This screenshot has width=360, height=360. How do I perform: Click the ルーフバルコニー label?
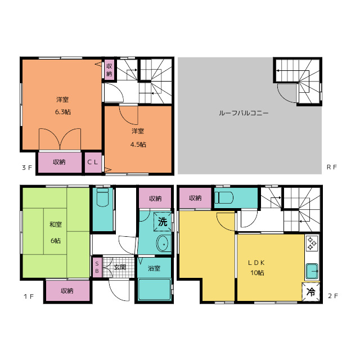tap(244, 113)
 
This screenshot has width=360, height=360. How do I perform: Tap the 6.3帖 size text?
tap(63, 112)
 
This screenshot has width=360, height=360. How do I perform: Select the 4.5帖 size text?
tap(138, 145)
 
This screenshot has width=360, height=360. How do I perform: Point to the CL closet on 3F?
tap(93, 163)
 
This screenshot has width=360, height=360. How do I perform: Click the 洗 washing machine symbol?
tap(163, 222)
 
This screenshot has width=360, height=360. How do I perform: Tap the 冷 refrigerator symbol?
tap(311, 292)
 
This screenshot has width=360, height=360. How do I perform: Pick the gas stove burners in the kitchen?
tap(312, 243)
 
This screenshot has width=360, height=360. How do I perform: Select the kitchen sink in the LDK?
tap(312, 271)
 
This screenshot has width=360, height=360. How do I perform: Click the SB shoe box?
tap(97, 268)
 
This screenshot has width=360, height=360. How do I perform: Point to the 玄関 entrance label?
tap(120, 267)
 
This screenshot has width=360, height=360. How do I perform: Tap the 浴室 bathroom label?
tap(154, 268)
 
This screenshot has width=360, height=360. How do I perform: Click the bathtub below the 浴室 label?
tap(155, 289)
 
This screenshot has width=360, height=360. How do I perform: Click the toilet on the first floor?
tap(102, 197)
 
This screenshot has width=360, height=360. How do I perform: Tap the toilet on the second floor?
tap(224, 197)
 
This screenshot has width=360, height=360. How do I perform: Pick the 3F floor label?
tap(27, 168)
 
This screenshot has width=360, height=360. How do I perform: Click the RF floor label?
tap(332, 167)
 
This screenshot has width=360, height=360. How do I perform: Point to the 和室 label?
tap(56, 224)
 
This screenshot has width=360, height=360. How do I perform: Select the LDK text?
tap(256, 263)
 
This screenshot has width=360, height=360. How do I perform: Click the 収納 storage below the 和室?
tap(67, 291)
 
